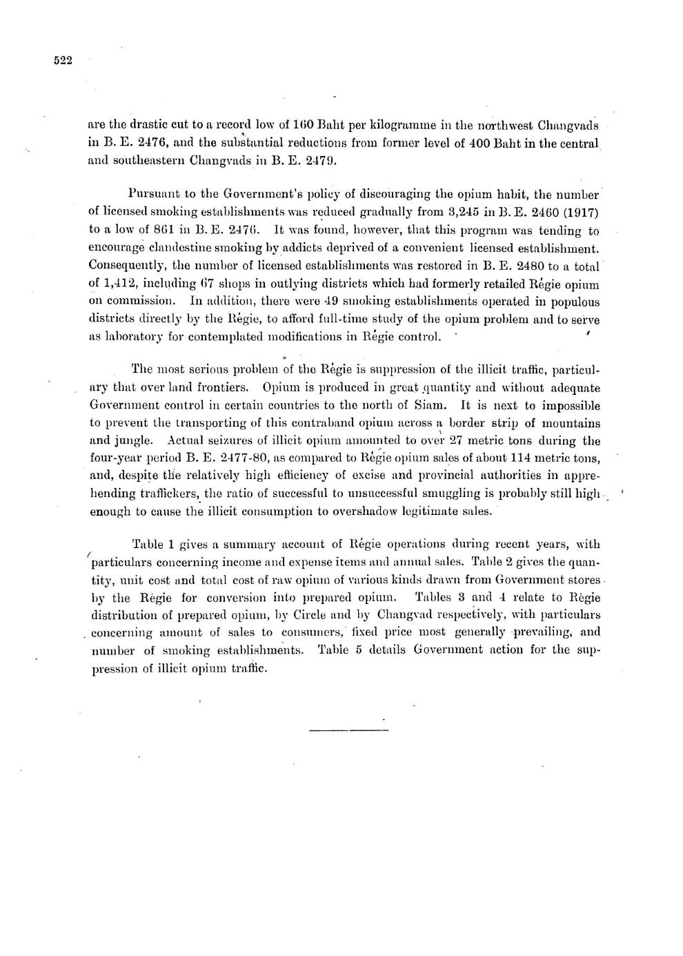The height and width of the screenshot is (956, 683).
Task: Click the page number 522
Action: point(63,61)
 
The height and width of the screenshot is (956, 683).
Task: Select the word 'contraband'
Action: point(294,424)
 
